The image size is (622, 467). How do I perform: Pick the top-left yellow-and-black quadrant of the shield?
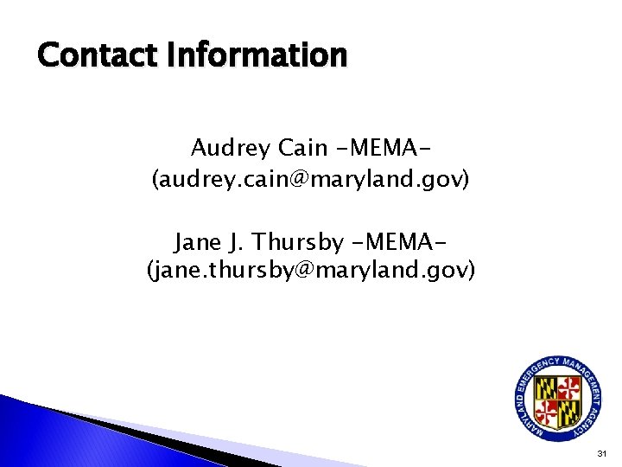546,386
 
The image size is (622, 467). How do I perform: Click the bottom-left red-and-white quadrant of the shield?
547,408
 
